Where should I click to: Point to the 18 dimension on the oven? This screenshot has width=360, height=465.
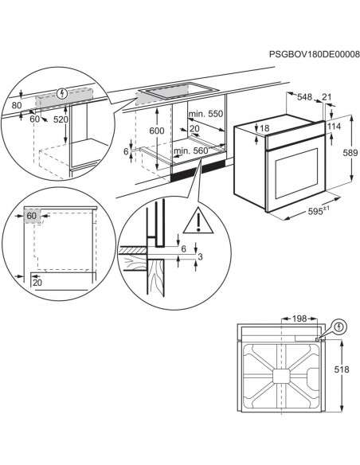265,129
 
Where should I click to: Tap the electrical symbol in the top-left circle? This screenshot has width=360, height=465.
61,94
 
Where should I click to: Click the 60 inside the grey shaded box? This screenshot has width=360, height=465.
32,216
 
